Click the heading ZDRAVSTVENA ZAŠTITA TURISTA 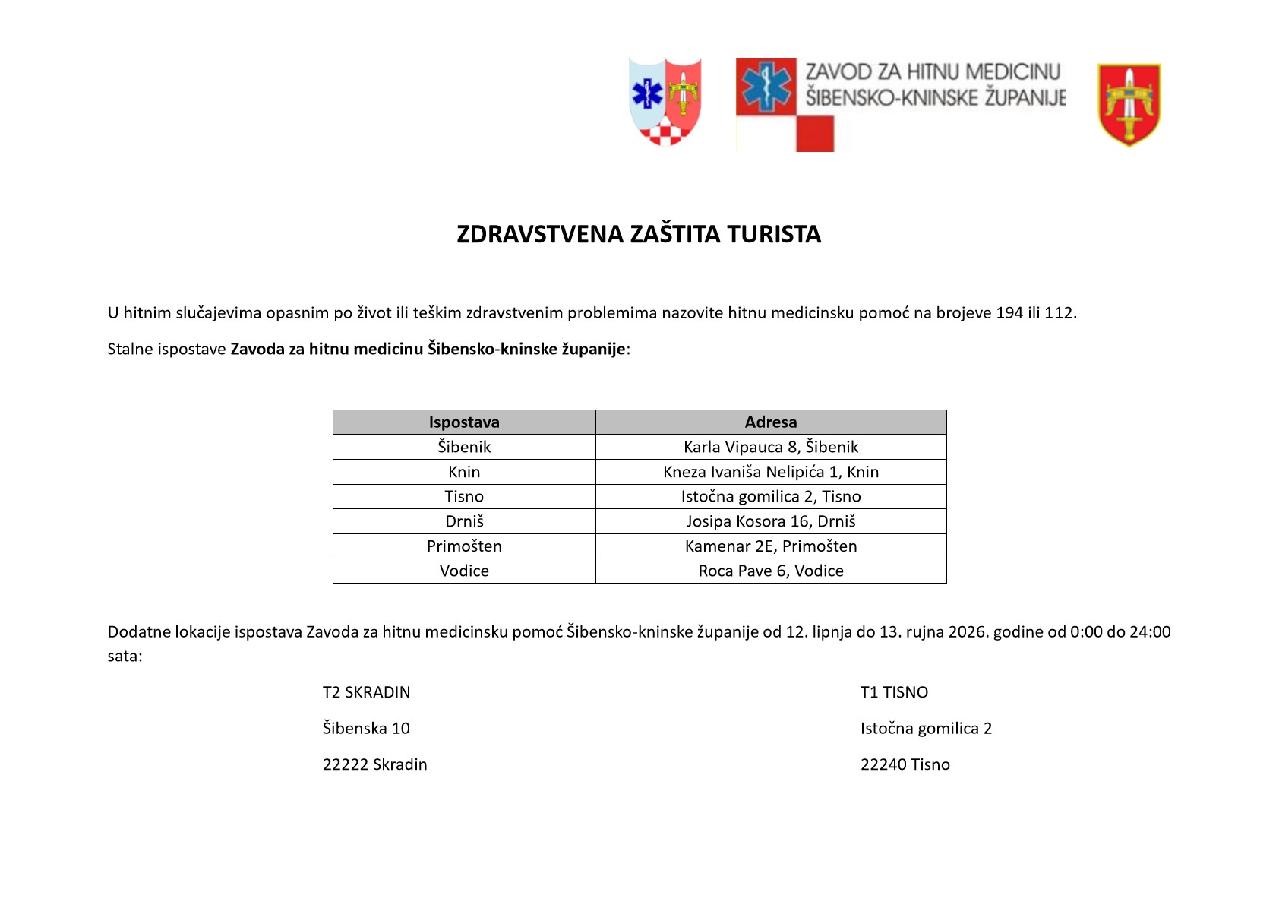point(638,234)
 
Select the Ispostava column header point(464,422)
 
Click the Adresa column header point(770,422)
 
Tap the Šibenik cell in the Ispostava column point(464,447)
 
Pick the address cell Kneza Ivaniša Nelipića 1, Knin point(770,472)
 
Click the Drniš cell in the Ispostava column point(464,521)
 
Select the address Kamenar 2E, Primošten point(770,546)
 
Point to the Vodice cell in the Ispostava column point(464,571)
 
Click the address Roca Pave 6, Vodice point(770,571)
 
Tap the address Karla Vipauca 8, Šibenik point(770,447)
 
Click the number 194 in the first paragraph point(1009,312)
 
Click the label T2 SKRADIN point(366,692)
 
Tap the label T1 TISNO point(894,692)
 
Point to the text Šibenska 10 point(366,728)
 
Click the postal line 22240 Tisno point(905,764)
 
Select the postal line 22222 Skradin point(374,764)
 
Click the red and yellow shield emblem point(1129,105)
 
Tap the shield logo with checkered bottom point(665,101)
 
